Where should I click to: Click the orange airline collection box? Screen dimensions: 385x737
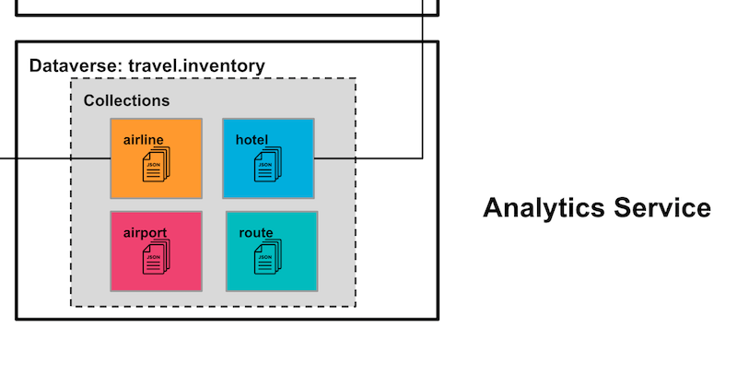point(156,158)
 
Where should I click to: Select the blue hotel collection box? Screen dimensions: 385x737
point(268,158)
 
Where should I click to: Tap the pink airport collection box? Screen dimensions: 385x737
point(156,251)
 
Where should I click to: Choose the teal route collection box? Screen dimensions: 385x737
point(272,251)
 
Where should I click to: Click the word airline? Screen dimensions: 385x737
point(144,139)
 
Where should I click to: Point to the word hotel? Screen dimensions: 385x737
point(252,139)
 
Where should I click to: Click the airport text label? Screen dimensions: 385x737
point(146,232)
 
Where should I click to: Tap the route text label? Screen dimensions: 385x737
point(256,232)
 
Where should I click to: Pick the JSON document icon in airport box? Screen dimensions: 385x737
point(157,258)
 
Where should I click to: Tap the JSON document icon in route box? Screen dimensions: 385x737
point(272,258)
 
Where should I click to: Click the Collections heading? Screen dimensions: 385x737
point(126,100)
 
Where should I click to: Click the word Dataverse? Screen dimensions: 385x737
point(76,66)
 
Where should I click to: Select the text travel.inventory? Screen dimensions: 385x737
point(196,66)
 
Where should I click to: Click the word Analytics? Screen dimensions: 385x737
point(539,208)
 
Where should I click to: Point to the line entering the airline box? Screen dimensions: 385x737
point(55,158)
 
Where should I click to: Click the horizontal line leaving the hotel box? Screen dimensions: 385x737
point(368,158)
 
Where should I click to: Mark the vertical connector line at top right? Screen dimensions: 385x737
point(423,83)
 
